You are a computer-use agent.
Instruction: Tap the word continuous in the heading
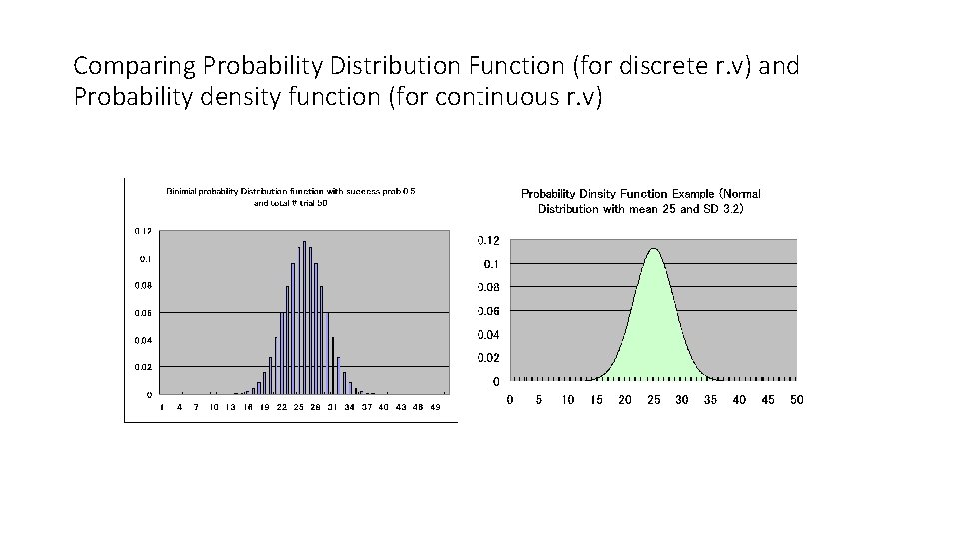click(469, 99)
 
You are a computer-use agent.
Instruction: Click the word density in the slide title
click(238, 99)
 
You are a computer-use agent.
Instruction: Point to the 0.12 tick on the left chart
click(143, 231)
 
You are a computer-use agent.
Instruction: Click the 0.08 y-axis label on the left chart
click(143, 286)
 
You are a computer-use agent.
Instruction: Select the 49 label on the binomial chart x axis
click(435, 408)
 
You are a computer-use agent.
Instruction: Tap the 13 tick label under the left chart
click(231, 408)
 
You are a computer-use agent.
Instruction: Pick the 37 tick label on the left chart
click(367, 408)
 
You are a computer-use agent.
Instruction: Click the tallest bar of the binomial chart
click(304, 320)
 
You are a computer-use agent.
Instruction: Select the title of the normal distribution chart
click(640, 201)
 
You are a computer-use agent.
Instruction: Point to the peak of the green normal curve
click(653, 250)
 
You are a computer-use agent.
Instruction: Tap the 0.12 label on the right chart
click(488, 241)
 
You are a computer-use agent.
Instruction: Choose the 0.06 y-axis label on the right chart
click(488, 311)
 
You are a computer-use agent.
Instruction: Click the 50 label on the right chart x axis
click(795, 400)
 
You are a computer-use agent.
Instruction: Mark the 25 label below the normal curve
click(653, 400)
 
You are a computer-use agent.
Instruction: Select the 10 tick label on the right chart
click(567, 400)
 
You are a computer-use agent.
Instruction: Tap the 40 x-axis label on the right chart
click(738, 400)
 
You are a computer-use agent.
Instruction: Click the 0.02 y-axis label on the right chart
click(488, 358)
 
